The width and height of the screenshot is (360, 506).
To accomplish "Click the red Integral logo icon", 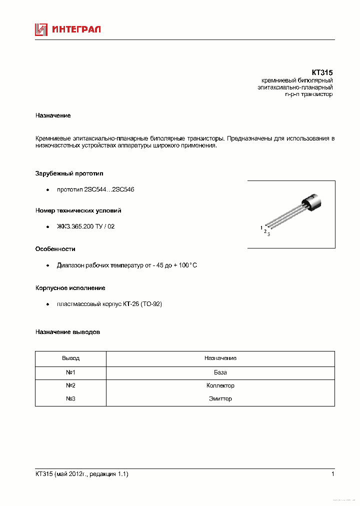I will (x=41, y=29).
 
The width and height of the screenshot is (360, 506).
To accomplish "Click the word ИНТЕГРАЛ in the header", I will (x=76, y=29).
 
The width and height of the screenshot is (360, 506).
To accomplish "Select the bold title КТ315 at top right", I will (x=322, y=72).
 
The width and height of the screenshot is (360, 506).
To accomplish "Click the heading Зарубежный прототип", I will (x=69, y=173).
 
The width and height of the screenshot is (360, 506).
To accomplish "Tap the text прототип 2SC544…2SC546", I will (x=95, y=190).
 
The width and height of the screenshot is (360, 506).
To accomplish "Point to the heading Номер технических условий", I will (x=78, y=210).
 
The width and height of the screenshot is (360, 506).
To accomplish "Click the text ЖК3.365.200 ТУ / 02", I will (x=85, y=226).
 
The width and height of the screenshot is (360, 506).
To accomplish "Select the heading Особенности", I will (x=55, y=248).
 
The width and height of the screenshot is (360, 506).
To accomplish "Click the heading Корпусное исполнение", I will (x=70, y=288).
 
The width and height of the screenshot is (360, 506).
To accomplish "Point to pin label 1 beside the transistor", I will (x=261, y=228).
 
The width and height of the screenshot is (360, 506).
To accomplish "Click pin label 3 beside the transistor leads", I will (x=268, y=234).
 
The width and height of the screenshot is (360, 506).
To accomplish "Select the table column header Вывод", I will (x=70, y=358).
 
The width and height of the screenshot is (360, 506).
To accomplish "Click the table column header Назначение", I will (x=220, y=358).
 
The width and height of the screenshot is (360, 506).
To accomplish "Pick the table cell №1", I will (x=70, y=372).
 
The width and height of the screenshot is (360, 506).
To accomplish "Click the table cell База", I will (x=220, y=372).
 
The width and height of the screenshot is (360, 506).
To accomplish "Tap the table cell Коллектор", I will (x=220, y=385).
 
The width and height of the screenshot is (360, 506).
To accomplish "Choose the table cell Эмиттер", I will (x=220, y=398).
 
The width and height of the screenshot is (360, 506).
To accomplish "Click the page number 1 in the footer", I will (x=332, y=474).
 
